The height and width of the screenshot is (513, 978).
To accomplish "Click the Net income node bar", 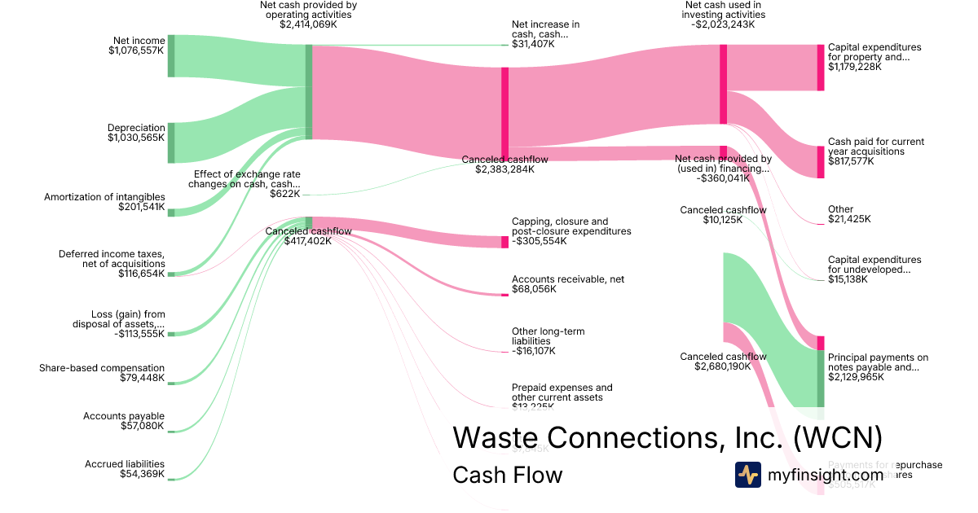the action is [x=171, y=56].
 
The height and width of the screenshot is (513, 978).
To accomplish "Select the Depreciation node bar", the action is [x=171, y=143].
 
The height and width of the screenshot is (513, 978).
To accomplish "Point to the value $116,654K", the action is [x=141, y=274].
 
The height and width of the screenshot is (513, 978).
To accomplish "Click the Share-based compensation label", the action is [x=102, y=368].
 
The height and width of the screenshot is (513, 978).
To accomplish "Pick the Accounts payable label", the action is [x=124, y=416].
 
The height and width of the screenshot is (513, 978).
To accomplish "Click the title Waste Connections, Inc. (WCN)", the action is [x=667, y=437].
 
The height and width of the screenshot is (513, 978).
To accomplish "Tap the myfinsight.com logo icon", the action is [x=747, y=475].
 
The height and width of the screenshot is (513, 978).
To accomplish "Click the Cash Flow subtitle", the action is [x=507, y=475].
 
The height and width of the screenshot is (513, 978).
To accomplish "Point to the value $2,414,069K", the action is [x=308, y=24].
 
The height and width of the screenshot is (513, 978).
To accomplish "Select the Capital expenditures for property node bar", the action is [x=821, y=68].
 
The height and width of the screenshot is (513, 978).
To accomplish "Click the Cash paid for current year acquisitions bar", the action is [x=821, y=162].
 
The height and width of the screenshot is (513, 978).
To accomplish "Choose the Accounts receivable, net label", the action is [x=568, y=279].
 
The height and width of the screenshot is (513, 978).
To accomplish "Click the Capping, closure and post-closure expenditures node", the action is [x=504, y=242].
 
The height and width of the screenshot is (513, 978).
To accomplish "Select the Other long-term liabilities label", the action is [x=548, y=336].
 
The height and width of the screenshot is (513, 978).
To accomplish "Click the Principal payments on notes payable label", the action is [x=878, y=362].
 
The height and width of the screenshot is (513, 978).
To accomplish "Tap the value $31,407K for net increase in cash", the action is [x=533, y=44].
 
